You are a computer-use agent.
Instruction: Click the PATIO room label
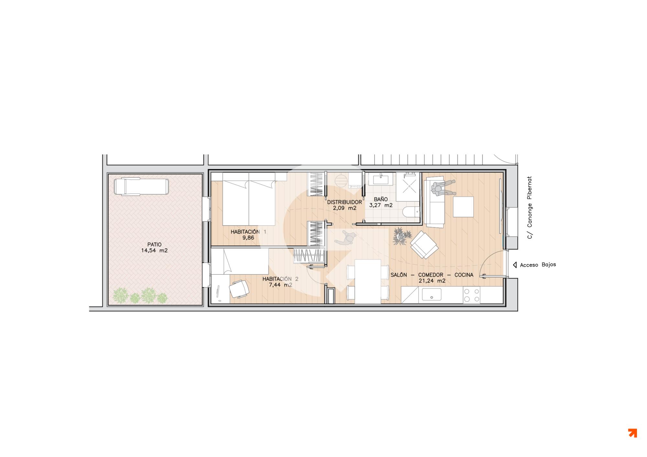tap(154, 245)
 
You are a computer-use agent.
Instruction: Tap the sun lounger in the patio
tap(141, 187)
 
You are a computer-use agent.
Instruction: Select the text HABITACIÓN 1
tap(248, 232)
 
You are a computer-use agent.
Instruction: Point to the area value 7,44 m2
tap(280, 285)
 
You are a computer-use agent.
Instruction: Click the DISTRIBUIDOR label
tap(345, 202)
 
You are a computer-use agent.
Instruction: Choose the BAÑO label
tap(381, 199)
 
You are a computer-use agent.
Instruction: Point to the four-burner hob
tap(472, 295)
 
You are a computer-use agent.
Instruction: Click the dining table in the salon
tap(368, 282)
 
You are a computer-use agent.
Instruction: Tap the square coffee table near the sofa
tap(463, 207)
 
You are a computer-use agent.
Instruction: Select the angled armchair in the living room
tap(424, 245)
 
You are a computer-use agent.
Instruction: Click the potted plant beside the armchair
tap(401, 236)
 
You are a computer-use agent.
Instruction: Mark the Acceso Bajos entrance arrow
tap(515, 265)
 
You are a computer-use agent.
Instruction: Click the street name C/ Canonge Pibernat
tap(530, 207)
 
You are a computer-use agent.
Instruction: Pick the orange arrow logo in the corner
tap(632, 433)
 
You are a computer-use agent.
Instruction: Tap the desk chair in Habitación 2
tap(239, 289)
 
